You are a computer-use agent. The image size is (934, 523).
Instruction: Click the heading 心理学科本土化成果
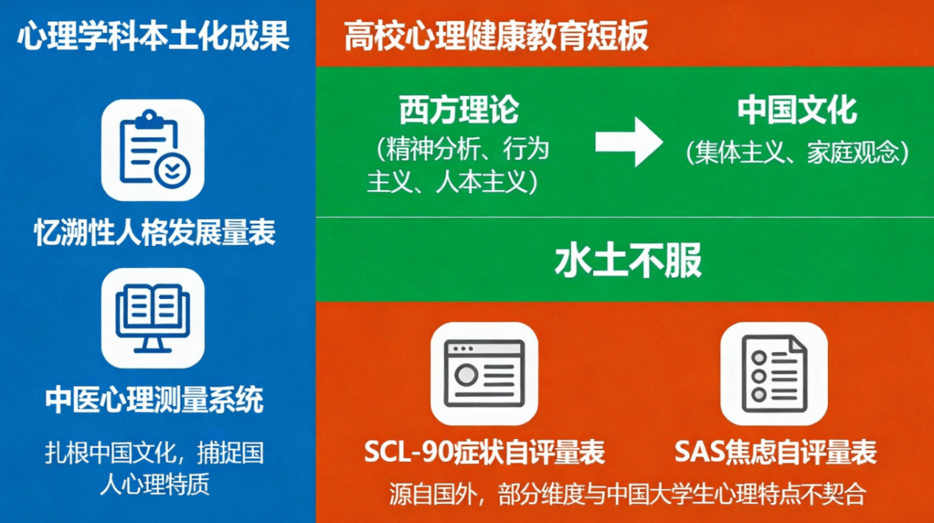[x=153, y=36]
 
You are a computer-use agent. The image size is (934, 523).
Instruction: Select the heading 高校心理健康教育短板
[x=496, y=36]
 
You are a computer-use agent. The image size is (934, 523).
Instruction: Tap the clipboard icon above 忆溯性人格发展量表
[x=152, y=150]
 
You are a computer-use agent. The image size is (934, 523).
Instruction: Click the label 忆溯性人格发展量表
[x=155, y=232]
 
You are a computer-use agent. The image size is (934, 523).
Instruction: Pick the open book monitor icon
[x=152, y=318]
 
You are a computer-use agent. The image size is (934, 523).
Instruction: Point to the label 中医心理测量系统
[x=154, y=399]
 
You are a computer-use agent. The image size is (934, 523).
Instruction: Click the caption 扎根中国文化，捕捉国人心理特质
[x=154, y=468]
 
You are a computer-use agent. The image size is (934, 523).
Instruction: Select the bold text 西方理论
[x=459, y=110]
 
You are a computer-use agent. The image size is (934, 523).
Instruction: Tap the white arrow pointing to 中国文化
[x=629, y=142]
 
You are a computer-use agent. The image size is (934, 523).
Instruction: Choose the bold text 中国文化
[x=797, y=110]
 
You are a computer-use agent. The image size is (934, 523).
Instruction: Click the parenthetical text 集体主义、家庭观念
[x=797, y=152]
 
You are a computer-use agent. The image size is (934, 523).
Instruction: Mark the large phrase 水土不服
[x=628, y=260]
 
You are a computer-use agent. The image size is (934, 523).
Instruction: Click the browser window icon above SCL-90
[x=484, y=373]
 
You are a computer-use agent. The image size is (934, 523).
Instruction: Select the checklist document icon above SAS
[x=774, y=373]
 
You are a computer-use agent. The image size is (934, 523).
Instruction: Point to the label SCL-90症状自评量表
[x=485, y=452]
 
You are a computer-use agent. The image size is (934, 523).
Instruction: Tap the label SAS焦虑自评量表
[x=776, y=452]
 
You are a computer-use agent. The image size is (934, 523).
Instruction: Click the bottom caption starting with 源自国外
[x=628, y=494]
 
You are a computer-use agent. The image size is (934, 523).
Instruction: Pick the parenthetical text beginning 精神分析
[x=459, y=166]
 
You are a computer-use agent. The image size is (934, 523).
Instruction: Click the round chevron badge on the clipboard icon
[x=172, y=171]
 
